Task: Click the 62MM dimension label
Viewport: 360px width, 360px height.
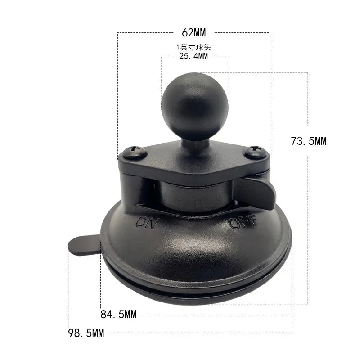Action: point(193,33)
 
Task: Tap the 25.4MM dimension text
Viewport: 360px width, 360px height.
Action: point(193,57)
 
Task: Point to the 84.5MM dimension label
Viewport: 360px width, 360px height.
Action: point(118,315)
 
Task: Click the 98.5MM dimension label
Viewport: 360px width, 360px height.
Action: point(86,333)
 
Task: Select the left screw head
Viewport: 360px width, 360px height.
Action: point(135,152)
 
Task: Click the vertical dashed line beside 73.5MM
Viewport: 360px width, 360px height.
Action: point(308,202)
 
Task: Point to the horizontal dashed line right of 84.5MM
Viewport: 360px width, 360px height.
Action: point(216,315)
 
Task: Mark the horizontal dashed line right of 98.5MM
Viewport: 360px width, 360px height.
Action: point(198,333)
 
